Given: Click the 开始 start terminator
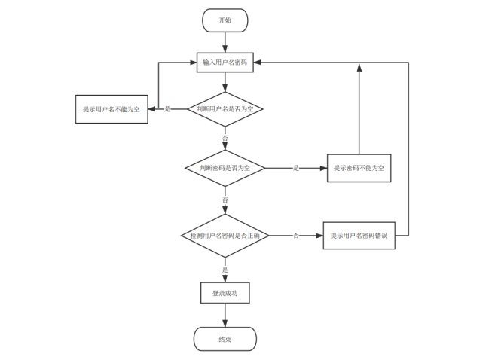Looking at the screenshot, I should (225, 20).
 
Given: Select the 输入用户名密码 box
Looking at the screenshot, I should (225, 63).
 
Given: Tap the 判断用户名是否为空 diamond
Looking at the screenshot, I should (225, 109).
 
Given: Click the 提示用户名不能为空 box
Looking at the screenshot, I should (112, 109).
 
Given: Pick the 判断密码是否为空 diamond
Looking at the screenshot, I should (225, 168).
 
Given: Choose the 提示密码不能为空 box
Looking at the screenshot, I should (359, 168).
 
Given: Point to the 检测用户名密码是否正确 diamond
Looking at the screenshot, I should (225, 236).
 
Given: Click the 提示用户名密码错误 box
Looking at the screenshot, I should (359, 236).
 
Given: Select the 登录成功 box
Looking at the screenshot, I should (225, 293).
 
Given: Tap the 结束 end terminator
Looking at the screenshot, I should (225, 339).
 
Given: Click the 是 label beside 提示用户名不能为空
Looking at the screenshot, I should (167, 109).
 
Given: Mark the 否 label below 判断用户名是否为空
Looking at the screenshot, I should (225, 139).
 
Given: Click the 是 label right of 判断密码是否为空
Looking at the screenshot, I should (296, 168).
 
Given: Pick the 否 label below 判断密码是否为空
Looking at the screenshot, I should (225, 200).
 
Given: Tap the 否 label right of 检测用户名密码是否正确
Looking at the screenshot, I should (296, 236).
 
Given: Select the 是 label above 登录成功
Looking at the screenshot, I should (225, 270).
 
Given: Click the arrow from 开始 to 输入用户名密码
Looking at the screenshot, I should (225, 42).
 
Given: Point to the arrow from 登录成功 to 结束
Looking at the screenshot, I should (225, 315).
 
